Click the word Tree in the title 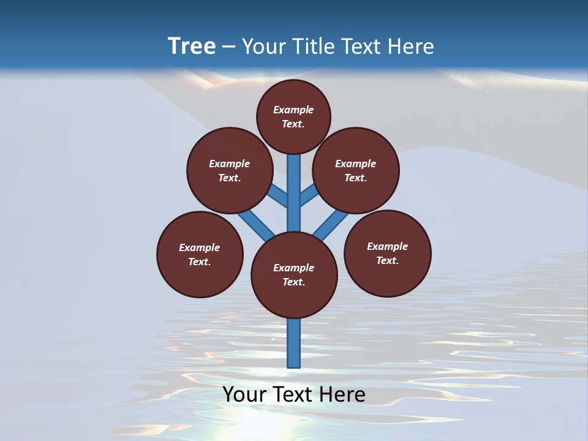pos(192,46)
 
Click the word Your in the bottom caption pos(246,394)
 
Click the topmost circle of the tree pos(293,116)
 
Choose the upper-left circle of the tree pos(229,170)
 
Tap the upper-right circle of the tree pos(356,170)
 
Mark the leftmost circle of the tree pos(200,254)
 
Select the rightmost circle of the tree pos(388,253)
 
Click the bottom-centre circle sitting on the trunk pos(294,275)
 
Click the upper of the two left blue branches pos(278,195)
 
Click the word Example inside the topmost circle pos(293,110)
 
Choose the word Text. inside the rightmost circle pos(387,260)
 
